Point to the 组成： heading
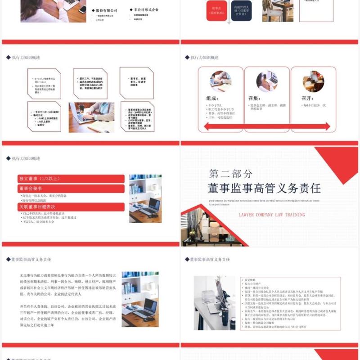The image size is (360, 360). [212, 98]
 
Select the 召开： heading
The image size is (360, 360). [308, 98]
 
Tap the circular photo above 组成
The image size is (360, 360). [220, 81]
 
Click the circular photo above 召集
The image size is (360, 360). [267, 81]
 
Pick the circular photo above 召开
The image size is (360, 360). [313, 81]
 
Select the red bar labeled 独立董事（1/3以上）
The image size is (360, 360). [71, 179]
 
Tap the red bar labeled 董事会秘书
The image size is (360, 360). [71, 189]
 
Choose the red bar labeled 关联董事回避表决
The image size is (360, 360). [71, 207]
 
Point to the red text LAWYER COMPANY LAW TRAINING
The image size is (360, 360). [272, 215]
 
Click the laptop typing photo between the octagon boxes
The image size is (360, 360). [91, 117]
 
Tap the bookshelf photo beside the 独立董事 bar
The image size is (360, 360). [145, 198]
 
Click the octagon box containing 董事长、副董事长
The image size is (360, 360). [136, 83]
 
